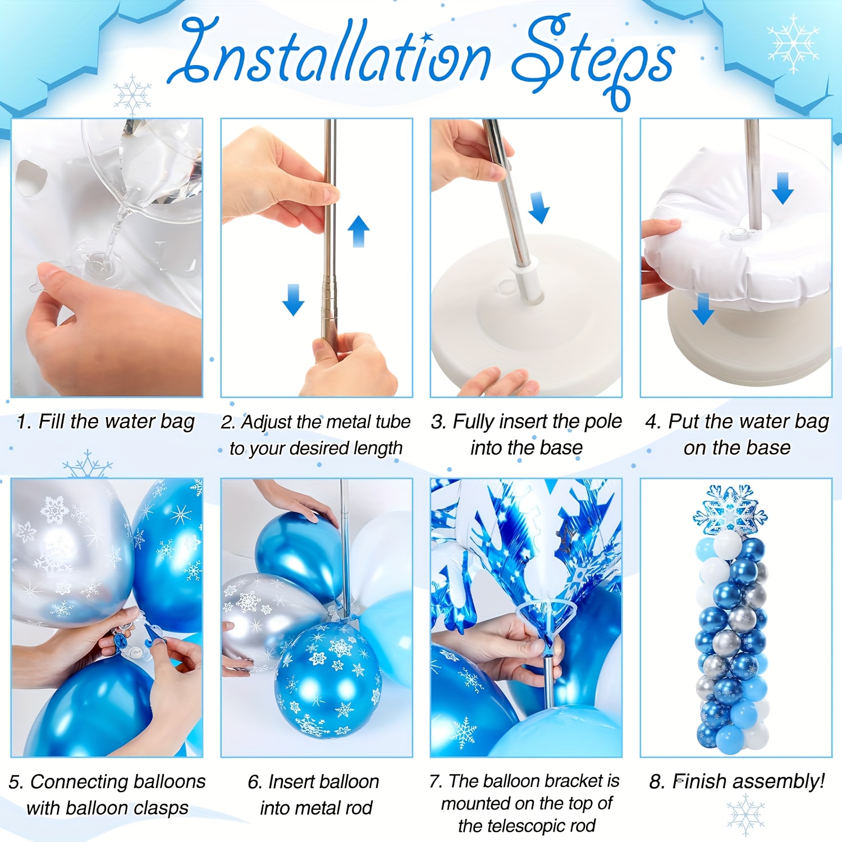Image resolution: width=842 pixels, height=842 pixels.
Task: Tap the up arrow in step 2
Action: coord(358,231)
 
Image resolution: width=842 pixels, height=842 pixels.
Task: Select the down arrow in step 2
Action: coord(293,300)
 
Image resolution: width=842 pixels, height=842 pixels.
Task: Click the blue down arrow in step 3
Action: coord(539,208)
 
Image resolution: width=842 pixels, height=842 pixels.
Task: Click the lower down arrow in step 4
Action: coord(703,309)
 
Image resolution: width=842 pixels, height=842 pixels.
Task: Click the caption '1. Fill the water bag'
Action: coord(106,422)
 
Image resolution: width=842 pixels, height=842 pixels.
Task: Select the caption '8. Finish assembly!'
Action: coord(737,781)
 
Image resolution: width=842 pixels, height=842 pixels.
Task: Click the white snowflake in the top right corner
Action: coord(793,44)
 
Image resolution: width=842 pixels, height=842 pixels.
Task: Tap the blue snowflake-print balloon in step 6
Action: coord(328,680)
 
